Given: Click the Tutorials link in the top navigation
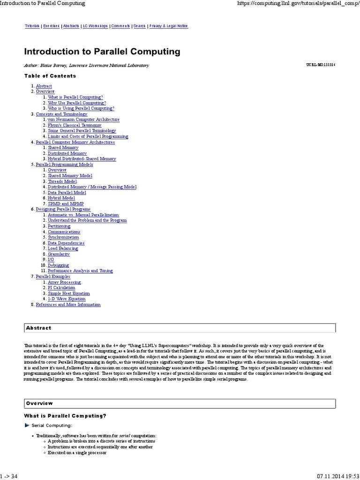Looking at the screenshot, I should point(32,26).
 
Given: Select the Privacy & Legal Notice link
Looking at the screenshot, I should point(168,26).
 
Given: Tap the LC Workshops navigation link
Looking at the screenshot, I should point(95,26).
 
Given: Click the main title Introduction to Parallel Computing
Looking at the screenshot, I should point(102,51).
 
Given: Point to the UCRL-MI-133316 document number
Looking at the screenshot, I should point(320,65).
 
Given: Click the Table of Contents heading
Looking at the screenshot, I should point(50,76).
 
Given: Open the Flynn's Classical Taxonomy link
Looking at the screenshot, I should point(74,125).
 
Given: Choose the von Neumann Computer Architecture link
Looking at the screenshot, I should point(83,120).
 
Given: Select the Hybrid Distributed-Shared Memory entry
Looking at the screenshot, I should point(82,159).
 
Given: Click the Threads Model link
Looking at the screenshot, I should point(62,181).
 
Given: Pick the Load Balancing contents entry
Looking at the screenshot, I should point(63,248).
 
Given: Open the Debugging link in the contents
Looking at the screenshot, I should point(58,265).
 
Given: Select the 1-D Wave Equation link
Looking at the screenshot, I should point(67,299).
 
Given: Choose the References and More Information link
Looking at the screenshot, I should point(68,305).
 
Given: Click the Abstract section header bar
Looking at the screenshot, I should point(180,328).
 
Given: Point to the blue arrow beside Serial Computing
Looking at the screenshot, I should point(27,425).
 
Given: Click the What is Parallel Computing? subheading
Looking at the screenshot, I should point(65,416).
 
